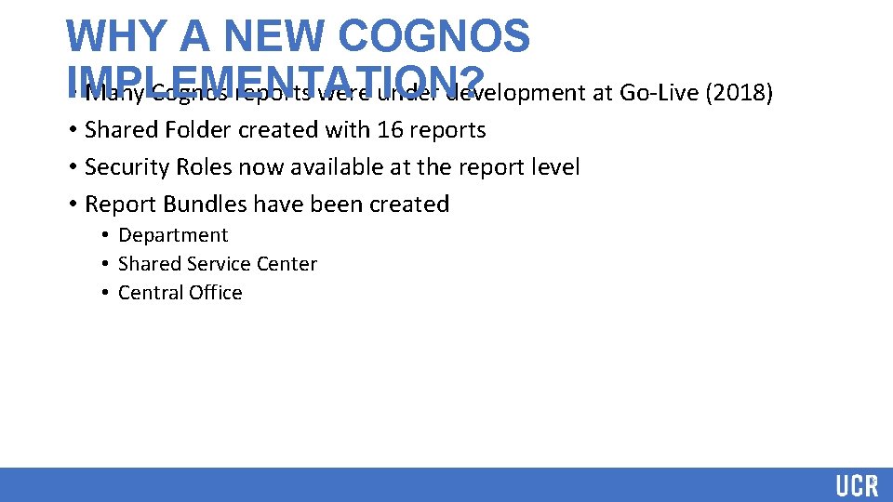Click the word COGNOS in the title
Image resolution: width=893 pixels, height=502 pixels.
tap(435, 36)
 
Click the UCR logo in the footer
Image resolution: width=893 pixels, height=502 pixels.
tap(856, 485)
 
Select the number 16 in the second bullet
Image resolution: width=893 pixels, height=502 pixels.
tap(390, 130)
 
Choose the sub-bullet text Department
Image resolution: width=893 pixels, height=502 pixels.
tap(173, 235)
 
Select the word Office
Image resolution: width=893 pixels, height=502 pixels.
tap(216, 293)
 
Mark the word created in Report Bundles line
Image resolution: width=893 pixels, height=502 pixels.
tap(407, 205)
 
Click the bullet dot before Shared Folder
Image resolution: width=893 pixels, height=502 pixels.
tap(72, 130)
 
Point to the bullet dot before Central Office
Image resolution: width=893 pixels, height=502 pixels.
tap(106, 293)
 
